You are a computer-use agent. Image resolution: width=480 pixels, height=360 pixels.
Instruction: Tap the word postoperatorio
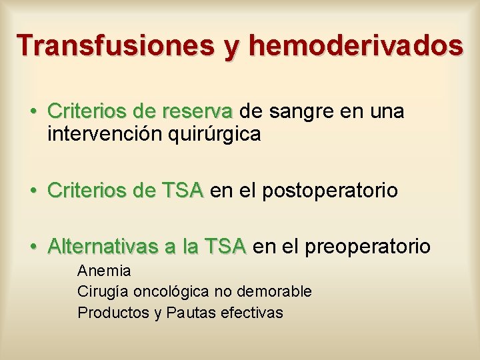point(330,191)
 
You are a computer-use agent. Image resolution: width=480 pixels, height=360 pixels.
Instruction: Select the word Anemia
point(104,271)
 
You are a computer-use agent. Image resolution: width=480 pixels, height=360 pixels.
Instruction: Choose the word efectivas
point(251,313)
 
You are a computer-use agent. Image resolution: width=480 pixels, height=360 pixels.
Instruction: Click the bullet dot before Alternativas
point(32,247)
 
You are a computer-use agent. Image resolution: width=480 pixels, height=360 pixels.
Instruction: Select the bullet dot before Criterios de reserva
point(32,111)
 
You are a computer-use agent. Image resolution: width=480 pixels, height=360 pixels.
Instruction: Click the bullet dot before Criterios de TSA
point(32,191)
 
